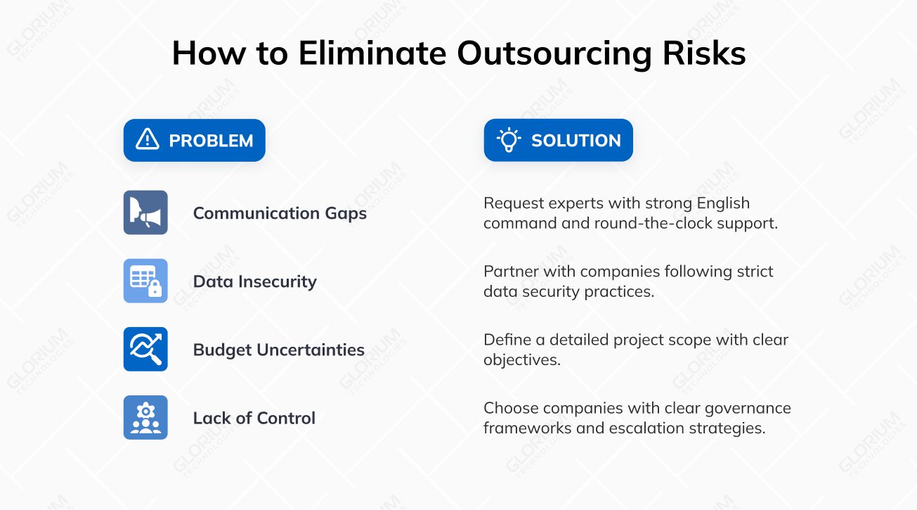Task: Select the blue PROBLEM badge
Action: [x=195, y=140]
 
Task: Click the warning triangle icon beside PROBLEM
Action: [x=148, y=139]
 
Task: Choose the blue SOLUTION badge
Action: [x=559, y=140]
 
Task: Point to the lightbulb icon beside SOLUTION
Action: [x=508, y=139]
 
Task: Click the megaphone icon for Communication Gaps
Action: [x=145, y=212]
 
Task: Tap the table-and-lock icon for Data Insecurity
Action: [x=145, y=281]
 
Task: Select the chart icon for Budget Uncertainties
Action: [x=145, y=349]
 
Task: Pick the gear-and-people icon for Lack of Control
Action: [x=145, y=417]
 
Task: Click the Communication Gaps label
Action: [x=280, y=213]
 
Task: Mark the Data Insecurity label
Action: [x=254, y=281]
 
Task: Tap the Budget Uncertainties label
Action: [x=278, y=350]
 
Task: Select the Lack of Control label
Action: [x=254, y=418]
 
